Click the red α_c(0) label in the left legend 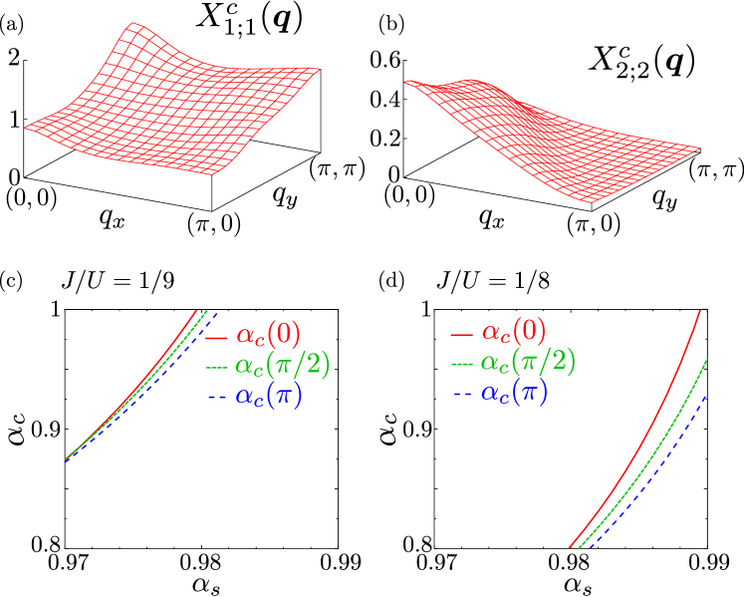tap(268, 334)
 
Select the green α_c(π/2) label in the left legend tap(283, 365)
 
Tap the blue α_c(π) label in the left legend tap(269, 396)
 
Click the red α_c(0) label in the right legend tap(514, 332)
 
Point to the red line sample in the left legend tap(216, 335)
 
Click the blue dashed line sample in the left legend tap(216, 398)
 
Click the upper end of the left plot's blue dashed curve tap(218, 312)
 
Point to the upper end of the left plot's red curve tap(198, 311)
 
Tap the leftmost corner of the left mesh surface tap(25, 128)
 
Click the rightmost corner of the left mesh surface tap(320, 69)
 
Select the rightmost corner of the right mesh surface tap(699, 149)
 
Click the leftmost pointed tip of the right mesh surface tap(404, 82)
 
